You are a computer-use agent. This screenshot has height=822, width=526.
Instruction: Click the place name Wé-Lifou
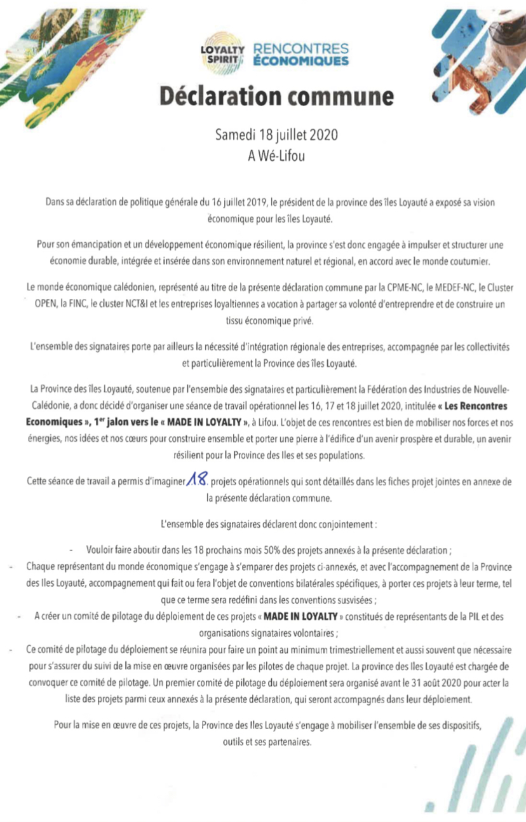[x=283, y=154]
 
